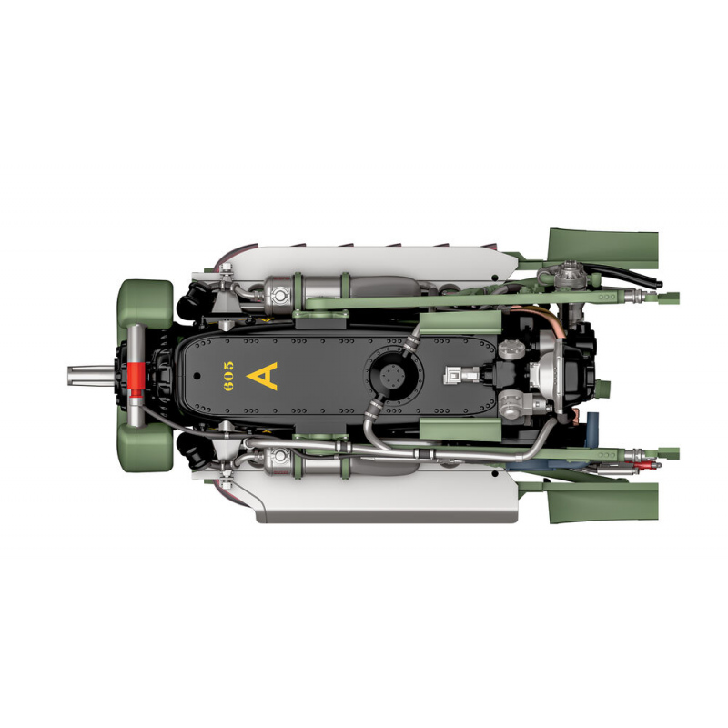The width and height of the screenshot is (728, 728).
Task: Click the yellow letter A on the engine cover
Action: (x=263, y=376)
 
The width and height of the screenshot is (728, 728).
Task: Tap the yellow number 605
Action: (x=228, y=376)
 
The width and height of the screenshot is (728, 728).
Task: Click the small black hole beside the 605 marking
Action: (x=197, y=376)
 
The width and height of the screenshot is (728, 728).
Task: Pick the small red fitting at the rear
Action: (x=641, y=465)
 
